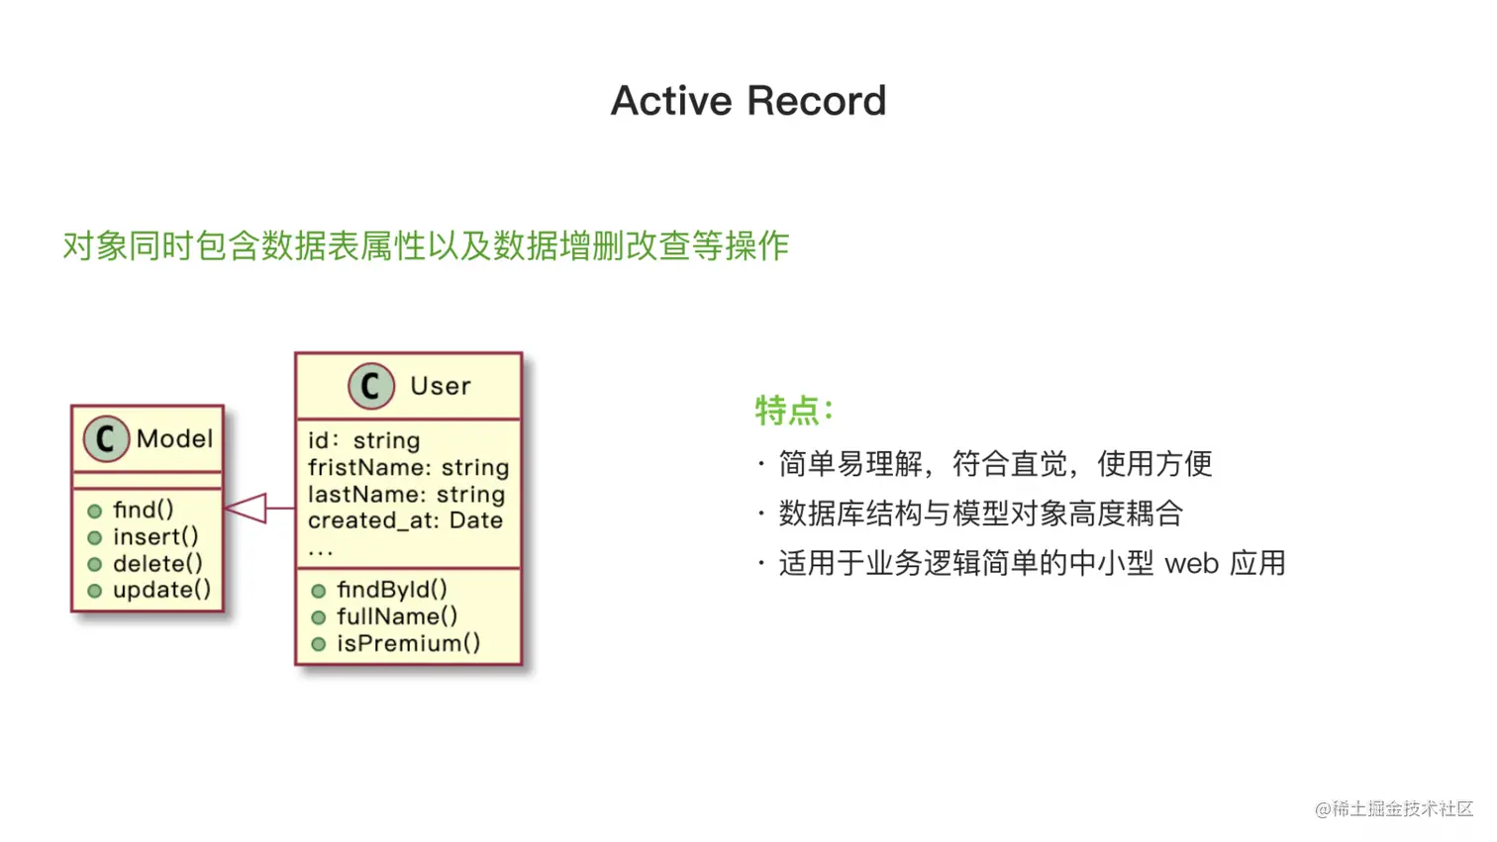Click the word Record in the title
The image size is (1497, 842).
[x=817, y=101]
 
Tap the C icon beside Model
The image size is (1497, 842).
[x=106, y=438]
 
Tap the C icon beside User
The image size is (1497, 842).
[x=371, y=386]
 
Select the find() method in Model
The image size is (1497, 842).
[x=143, y=511]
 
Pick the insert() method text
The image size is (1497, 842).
[x=155, y=537]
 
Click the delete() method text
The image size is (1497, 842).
[x=157, y=564]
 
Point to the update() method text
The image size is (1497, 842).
[x=161, y=591]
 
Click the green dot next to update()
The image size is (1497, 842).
[x=95, y=591]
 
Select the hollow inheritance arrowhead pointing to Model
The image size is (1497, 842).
[x=246, y=509]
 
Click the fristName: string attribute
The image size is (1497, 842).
[x=408, y=467]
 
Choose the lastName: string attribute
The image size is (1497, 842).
[x=406, y=494]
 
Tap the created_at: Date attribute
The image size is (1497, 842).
[x=405, y=520]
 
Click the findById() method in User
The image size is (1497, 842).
[x=392, y=590]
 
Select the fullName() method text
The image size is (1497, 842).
[x=397, y=616]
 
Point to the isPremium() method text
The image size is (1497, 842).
[x=408, y=643]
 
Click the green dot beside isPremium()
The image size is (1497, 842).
[x=319, y=644]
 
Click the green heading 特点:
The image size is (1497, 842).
[x=795, y=410]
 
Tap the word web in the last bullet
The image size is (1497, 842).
[x=1192, y=564]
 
